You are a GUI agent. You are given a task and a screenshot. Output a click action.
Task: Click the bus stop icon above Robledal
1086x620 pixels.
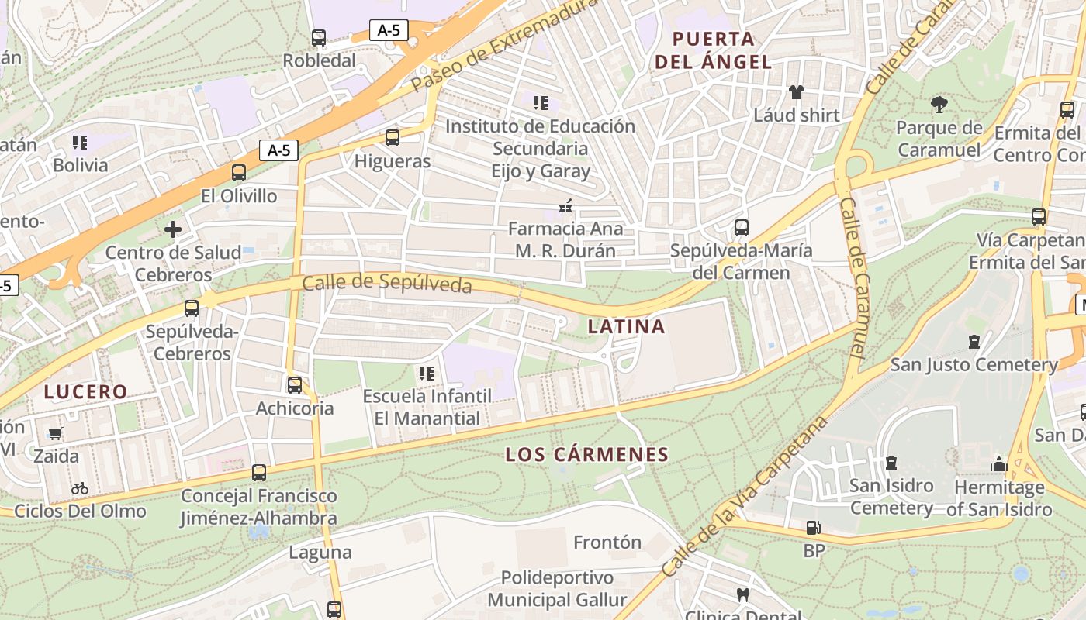coord(319,37)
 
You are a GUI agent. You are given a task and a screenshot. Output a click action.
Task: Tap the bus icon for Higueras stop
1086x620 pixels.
coord(393,138)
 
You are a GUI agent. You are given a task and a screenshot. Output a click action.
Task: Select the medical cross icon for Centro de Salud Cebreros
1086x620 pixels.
coord(172,229)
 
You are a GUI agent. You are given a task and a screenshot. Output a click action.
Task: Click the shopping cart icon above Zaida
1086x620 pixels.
coord(55,433)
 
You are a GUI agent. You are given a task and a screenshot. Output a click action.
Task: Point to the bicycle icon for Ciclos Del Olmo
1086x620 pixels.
coord(79,488)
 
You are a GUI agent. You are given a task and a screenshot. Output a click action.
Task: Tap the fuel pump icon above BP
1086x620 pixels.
coord(813,528)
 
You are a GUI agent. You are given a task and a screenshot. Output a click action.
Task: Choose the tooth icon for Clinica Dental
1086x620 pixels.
coord(742,595)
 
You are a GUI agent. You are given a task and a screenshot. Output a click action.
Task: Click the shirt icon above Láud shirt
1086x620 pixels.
coord(796,92)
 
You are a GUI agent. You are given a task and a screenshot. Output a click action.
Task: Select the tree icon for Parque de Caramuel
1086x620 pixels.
coord(939,104)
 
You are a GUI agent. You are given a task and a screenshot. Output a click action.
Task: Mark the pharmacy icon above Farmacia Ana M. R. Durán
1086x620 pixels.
coord(565,206)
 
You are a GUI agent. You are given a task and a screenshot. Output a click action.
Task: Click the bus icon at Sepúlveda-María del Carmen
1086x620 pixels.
coord(741,228)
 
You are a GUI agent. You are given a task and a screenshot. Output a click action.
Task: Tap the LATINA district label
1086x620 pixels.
coord(626,326)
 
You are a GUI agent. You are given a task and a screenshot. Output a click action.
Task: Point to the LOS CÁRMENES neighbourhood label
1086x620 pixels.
coord(586,454)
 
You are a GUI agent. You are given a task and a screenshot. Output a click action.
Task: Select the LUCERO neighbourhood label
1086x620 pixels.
coord(85,391)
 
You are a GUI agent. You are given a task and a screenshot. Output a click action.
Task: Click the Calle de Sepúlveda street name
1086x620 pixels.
coord(387,284)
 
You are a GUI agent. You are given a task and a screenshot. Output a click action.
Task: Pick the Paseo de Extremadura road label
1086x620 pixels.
coord(504,45)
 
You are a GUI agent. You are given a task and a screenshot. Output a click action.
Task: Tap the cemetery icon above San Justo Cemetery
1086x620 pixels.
coord(974,342)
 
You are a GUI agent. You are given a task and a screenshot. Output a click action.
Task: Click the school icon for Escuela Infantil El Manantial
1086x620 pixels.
coord(426,374)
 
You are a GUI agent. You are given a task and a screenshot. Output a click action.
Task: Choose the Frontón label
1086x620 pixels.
coord(607,542)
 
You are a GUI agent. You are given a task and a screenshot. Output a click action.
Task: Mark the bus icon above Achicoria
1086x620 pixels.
coord(295,384)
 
